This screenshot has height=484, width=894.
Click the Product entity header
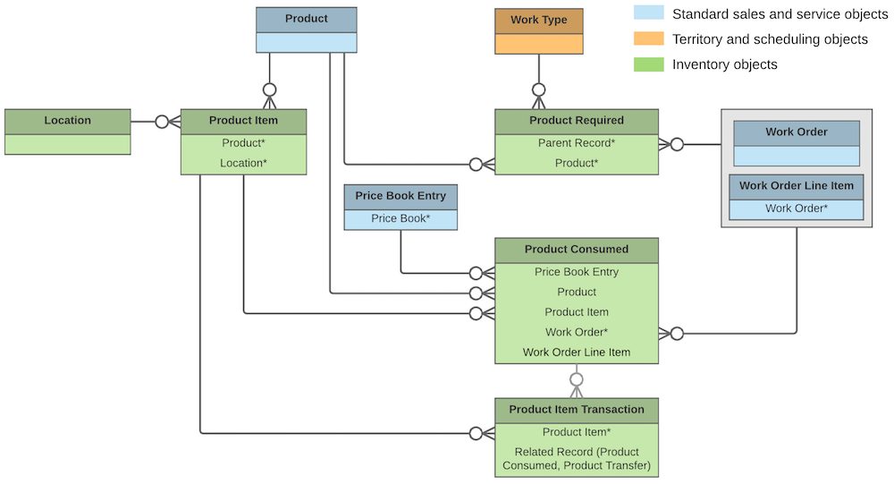(x=306, y=19)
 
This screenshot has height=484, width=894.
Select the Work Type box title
(x=538, y=20)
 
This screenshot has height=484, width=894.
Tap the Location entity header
(x=67, y=121)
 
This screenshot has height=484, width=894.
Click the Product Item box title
(x=243, y=121)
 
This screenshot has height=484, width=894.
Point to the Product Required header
(x=577, y=121)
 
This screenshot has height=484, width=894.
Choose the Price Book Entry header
(x=400, y=196)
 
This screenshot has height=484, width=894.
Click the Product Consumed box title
(x=577, y=250)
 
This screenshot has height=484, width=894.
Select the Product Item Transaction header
(x=577, y=410)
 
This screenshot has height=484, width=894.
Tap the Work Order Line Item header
(x=796, y=186)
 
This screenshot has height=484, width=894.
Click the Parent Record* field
(x=577, y=143)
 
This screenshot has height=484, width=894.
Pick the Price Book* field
(x=400, y=218)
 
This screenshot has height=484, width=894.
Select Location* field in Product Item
(x=243, y=163)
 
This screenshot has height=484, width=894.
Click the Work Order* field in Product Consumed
(x=577, y=332)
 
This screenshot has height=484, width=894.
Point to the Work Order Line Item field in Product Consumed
(x=577, y=352)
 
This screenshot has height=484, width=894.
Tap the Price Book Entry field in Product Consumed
(x=577, y=272)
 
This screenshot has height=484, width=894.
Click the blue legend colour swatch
(x=648, y=13)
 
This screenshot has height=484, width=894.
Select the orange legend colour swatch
(x=648, y=38)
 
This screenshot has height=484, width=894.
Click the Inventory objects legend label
(x=725, y=64)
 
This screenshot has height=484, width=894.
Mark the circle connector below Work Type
(x=538, y=89)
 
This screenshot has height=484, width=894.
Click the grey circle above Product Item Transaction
(x=577, y=378)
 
